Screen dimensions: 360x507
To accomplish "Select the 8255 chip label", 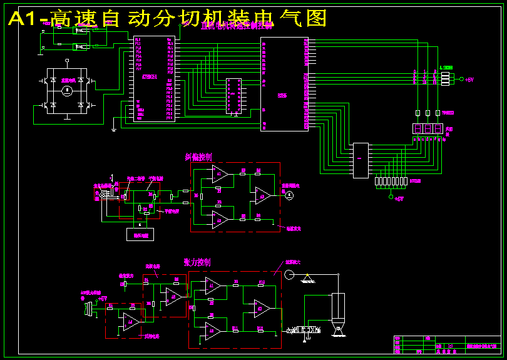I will [282, 95].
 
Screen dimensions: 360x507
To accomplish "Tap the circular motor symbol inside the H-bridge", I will [67, 91].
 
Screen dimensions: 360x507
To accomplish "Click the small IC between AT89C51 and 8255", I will [234, 96].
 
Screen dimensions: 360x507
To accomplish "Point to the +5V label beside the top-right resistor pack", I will [470, 80].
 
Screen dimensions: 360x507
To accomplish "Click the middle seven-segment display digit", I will [428, 128].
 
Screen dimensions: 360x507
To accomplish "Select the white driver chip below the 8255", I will [361, 160].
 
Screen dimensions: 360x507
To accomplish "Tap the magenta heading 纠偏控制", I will [198, 157].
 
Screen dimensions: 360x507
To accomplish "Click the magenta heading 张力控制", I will [197, 262].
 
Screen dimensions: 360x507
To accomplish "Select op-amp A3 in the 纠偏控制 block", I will [260, 196].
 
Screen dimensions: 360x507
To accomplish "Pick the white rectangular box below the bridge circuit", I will [139, 235].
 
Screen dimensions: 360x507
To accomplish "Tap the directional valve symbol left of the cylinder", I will [304, 329].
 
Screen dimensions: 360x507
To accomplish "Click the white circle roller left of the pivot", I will [289, 274].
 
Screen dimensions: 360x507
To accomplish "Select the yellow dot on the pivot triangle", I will [306, 275].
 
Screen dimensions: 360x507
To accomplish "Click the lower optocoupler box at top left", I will [80, 46].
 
